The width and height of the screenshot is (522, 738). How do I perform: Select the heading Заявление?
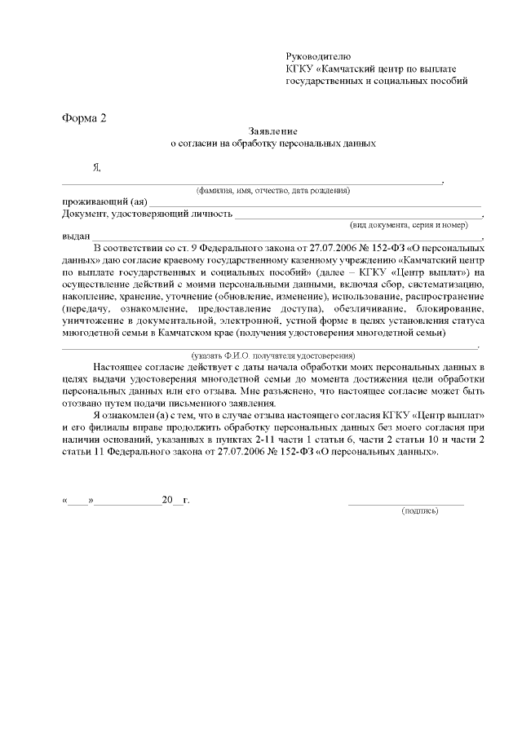coord(272,130)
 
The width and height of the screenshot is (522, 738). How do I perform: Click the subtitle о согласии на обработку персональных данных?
coord(272,143)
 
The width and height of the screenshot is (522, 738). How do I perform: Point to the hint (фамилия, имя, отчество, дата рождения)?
coord(272,190)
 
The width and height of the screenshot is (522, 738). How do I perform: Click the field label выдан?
coord(76,236)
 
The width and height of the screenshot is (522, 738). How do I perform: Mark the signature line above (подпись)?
coord(406,503)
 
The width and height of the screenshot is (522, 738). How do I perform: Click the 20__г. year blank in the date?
coord(175,499)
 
